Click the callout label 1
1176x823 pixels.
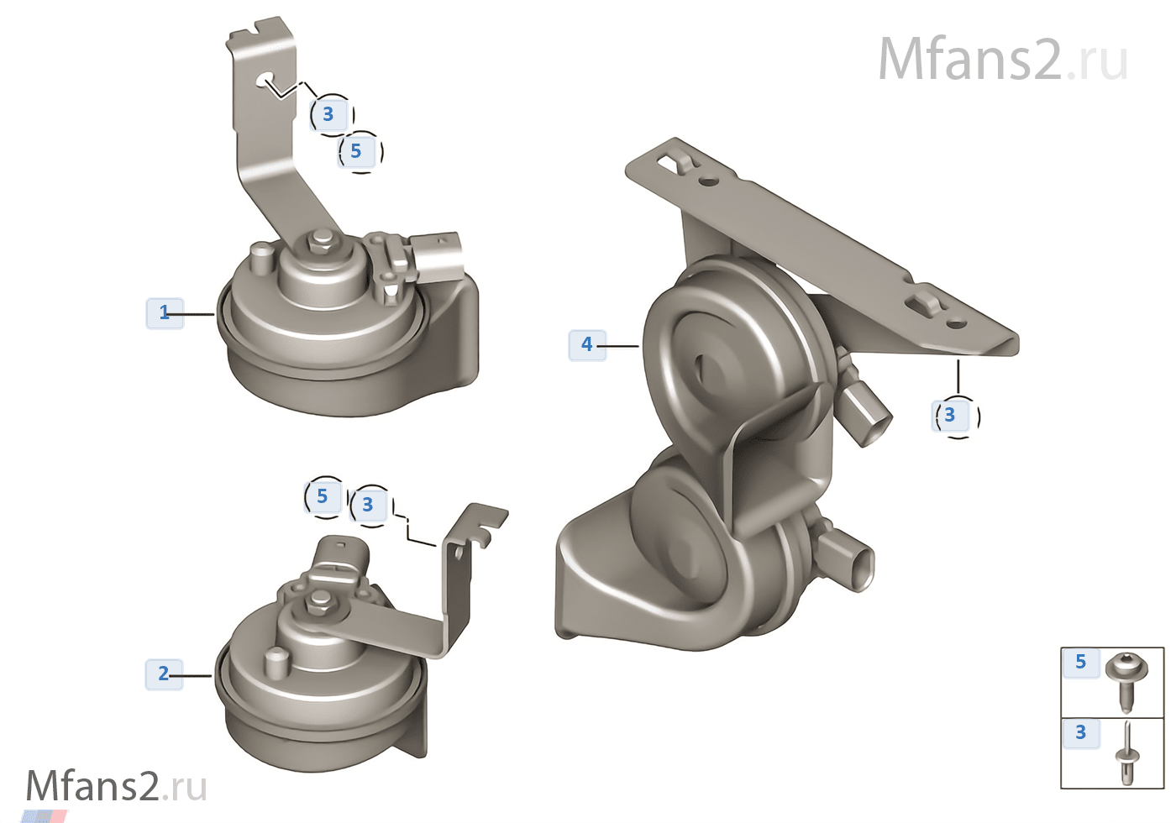[x=165, y=313]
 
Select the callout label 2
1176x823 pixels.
[x=164, y=674]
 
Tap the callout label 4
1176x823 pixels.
[x=587, y=345]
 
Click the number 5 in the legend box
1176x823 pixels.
[x=1080, y=662]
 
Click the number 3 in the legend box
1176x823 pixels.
[x=1080, y=732]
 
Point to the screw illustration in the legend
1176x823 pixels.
[x=1126, y=682]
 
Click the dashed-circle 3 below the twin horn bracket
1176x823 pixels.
[x=957, y=417]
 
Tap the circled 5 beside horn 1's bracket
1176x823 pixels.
[x=360, y=152]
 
